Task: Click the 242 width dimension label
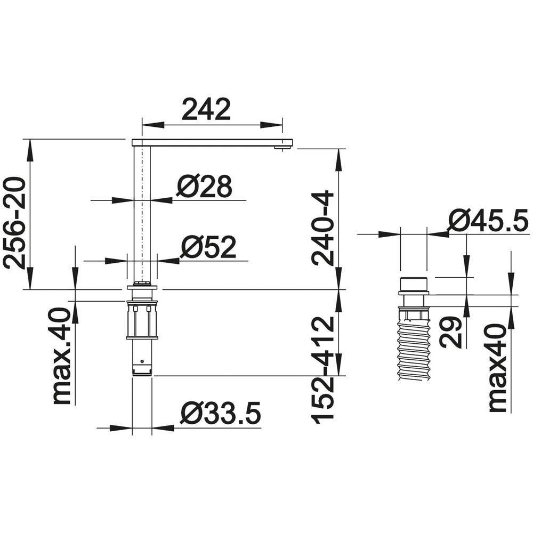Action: pyautogui.click(x=206, y=109)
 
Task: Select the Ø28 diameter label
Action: pyautogui.click(x=205, y=187)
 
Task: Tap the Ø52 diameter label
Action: pyautogui.click(x=208, y=247)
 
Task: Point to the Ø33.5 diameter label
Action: pyautogui.click(x=220, y=414)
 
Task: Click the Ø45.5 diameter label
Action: pyautogui.click(x=488, y=221)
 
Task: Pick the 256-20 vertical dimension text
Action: pyautogui.click(x=14, y=223)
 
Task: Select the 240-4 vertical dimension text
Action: pyautogui.click(x=323, y=228)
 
